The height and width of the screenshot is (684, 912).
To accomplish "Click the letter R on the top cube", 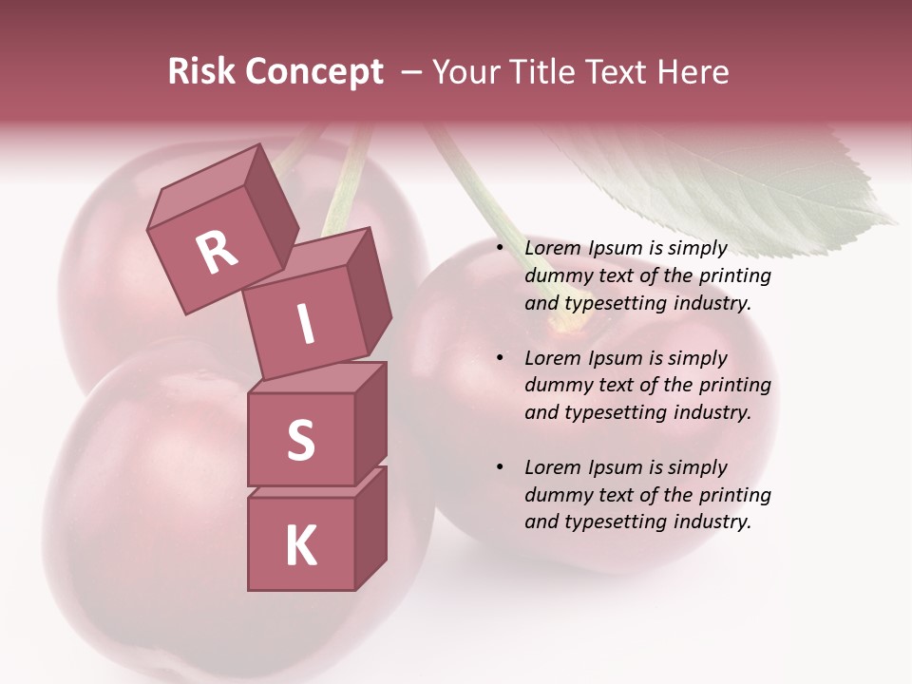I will pyautogui.click(x=217, y=252).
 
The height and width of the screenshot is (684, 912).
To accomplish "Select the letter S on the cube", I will pyautogui.click(x=300, y=440).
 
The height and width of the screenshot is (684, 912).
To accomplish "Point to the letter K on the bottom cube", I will pyautogui.click(x=300, y=546).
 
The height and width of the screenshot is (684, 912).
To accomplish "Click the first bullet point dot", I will pyautogui.click(x=500, y=248).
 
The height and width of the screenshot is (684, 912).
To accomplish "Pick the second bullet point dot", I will pyautogui.click(x=500, y=358).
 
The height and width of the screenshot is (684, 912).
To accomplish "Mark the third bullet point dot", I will pyautogui.click(x=500, y=467).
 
